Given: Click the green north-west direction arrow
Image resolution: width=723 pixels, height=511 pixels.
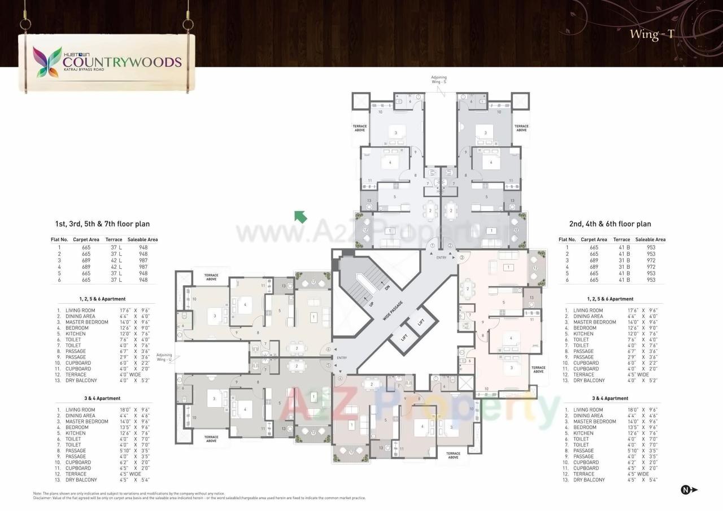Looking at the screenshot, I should [300, 216].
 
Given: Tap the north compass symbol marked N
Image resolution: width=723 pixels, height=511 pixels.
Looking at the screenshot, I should [686, 490].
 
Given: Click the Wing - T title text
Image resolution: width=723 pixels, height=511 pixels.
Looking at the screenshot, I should [651, 34].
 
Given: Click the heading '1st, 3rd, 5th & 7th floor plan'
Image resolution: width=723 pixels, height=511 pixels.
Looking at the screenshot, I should [102, 224].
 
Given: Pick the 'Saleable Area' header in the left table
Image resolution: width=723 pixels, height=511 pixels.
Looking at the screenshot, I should [142, 239].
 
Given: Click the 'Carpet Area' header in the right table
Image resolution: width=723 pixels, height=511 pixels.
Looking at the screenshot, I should [594, 239].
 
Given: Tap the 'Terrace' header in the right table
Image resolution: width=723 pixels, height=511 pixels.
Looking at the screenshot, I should [621, 239].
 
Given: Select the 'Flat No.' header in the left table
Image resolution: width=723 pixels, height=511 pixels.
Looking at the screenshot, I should [59, 239].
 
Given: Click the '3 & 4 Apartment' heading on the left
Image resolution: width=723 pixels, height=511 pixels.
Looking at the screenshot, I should [102, 398].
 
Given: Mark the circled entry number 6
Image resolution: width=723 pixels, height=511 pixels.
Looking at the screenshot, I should [329, 350].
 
